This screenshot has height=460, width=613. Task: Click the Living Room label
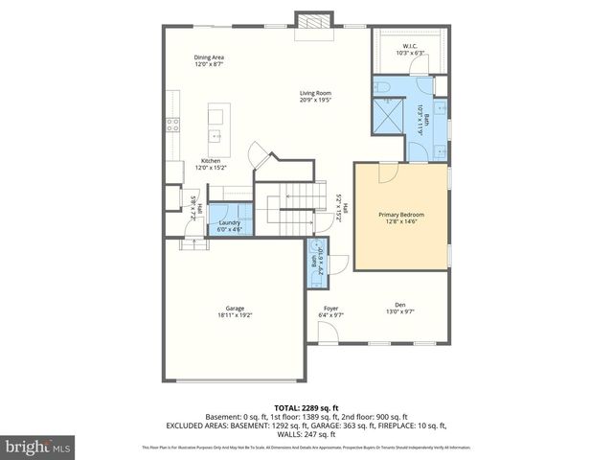(x=315, y=93)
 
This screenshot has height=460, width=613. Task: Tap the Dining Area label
(x=209, y=57)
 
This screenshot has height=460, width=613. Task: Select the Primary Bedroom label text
(x=401, y=214)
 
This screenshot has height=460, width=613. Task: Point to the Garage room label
(x=235, y=308)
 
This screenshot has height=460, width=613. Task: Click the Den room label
(x=400, y=304)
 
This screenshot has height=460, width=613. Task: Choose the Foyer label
(x=330, y=308)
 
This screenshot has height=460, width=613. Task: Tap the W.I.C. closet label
(x=409, y=47)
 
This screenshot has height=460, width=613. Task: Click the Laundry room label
(x=229, y=222)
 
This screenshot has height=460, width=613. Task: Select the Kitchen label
(x=211, y=160)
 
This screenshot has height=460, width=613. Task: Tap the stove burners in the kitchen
(x=172, y=122)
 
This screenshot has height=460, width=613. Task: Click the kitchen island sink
(x=216, y=133)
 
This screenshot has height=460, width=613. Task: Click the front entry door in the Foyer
(x=328, y=335)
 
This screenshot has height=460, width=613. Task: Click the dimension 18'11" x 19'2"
(x=235, y=315)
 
